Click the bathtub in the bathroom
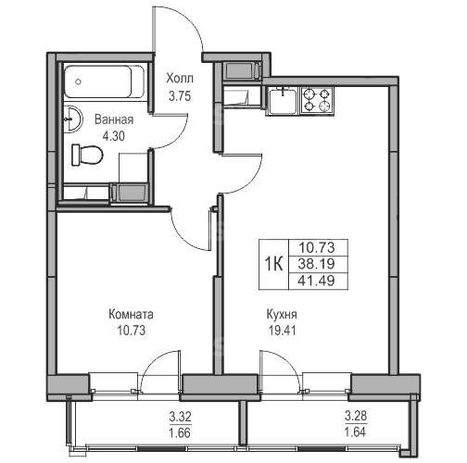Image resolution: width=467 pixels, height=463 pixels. point(105,81)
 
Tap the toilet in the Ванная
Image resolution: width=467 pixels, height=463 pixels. point(87,155)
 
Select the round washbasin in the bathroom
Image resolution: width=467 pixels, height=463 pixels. point(73,119)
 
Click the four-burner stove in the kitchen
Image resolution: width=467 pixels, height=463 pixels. point(317,100)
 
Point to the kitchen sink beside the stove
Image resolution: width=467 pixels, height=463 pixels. point(283,100)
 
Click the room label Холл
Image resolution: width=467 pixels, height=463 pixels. point(180,79)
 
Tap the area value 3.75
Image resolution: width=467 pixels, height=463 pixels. point(180,96)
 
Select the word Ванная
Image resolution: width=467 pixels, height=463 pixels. point(114,119)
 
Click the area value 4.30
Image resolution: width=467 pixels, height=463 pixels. point(114,136)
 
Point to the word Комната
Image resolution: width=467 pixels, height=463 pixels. point(131,315)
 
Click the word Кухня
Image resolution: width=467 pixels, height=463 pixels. point(282,315)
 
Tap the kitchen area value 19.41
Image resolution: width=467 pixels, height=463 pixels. point(282,331)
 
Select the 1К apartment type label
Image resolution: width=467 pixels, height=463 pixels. point(273,264)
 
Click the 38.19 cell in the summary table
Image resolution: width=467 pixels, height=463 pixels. point(317,264)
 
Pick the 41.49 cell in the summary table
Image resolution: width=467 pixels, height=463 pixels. point(317,281)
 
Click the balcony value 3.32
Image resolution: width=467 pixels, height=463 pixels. point(180,417)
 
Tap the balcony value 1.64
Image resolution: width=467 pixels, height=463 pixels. point(356,432)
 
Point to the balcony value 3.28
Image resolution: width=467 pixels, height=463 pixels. point(356,416)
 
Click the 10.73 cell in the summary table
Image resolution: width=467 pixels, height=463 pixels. point(317,247)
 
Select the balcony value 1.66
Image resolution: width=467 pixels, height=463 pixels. point(180,433)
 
